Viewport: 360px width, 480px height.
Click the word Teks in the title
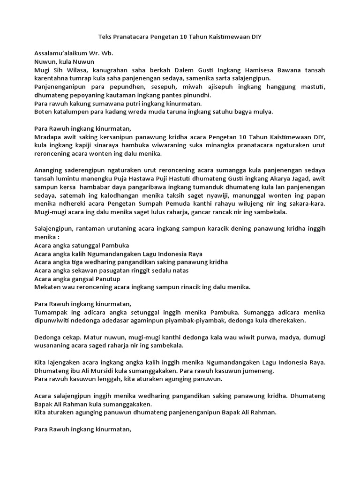click(105, 36)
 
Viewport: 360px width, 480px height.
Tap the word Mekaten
click(49, 287)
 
